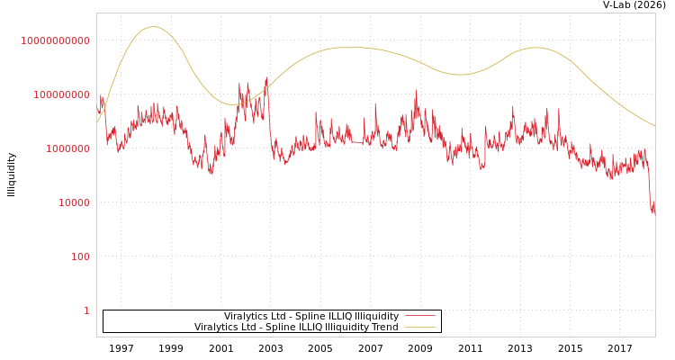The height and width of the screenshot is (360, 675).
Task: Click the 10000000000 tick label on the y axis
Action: (56, 40)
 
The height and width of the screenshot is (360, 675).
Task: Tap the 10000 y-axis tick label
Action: (75, 202)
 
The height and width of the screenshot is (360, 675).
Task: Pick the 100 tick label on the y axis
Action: (81, 256)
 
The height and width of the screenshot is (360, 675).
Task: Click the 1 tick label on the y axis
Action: (87, 310)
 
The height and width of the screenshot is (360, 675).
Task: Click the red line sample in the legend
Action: (419, 316)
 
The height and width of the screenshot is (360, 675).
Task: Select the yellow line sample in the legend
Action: (419, 327)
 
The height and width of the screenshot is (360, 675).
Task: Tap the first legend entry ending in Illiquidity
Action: (311, 316)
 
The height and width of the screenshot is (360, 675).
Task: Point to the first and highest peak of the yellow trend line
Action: (154, 27)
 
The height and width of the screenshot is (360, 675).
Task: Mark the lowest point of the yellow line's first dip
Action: (232, 104)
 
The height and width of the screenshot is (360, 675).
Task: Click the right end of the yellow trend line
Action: (654, 126)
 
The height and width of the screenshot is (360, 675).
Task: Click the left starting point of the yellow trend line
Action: (98, 121)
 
